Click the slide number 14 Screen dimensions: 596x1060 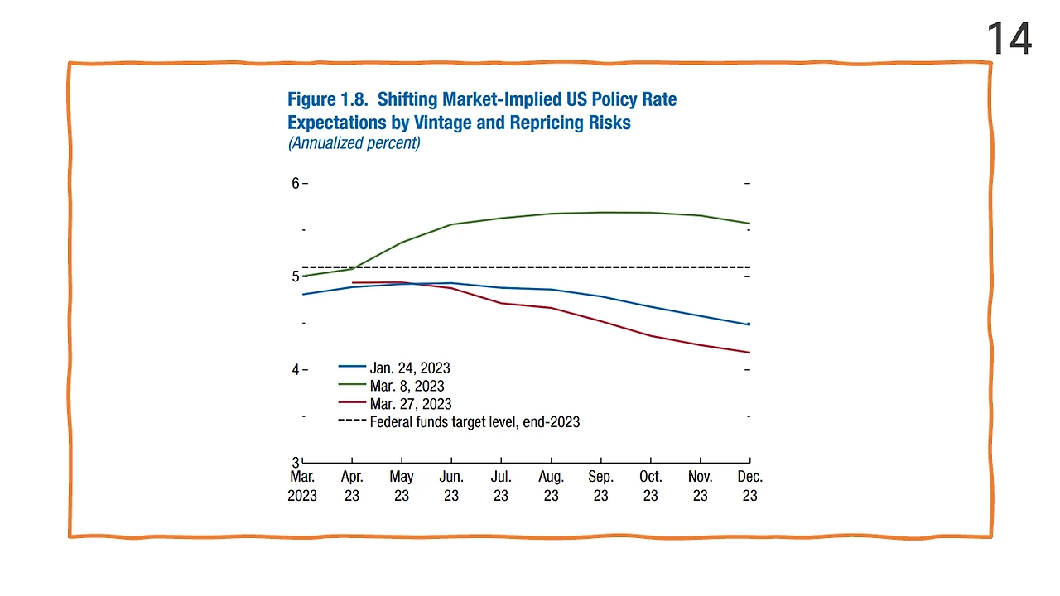1009,40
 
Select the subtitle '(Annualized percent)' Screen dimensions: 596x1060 354,143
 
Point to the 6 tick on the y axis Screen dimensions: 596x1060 295,183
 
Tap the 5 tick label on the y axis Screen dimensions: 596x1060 295,276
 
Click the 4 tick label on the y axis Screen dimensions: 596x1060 295,369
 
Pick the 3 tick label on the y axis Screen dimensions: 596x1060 295,462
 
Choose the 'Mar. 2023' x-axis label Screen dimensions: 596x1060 302,487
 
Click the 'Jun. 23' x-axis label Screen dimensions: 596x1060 451,487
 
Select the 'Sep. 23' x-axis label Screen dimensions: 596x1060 600,487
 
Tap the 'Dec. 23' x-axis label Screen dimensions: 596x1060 749,487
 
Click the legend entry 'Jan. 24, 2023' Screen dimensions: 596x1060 409,368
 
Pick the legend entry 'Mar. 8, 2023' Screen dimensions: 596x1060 407,387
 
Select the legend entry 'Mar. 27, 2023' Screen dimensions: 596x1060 410,404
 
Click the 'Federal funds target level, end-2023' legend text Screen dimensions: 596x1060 474,422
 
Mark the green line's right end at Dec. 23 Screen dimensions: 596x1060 749,223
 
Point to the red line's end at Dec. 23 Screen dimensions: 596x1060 749,353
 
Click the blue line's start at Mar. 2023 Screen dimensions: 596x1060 303,294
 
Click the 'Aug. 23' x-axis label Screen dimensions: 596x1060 551,487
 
